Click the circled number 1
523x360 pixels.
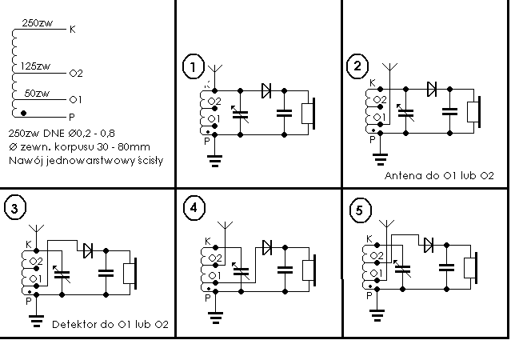pos(193,66)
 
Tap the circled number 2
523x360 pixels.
pos(357,66)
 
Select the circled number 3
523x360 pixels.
pos(14,208)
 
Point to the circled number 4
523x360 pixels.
pos(194,208)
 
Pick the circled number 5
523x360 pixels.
pos(360,210)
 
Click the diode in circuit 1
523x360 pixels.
pos(266,90)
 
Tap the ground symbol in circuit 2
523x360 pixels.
pos(380,159)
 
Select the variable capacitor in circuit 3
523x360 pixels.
pos(62,274)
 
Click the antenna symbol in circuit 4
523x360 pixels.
pos(226,226)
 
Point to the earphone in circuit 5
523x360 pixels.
pos(471,268)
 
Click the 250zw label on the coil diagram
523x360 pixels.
pos(38,23)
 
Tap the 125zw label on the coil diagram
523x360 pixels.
pos(35,66)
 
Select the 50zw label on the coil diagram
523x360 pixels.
pos(37,93)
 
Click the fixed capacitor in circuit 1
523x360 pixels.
pos(284,113)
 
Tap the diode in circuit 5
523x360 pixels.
pos(429,245)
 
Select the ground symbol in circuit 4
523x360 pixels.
pos(215,318)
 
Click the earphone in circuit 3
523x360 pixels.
pos(130,274)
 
